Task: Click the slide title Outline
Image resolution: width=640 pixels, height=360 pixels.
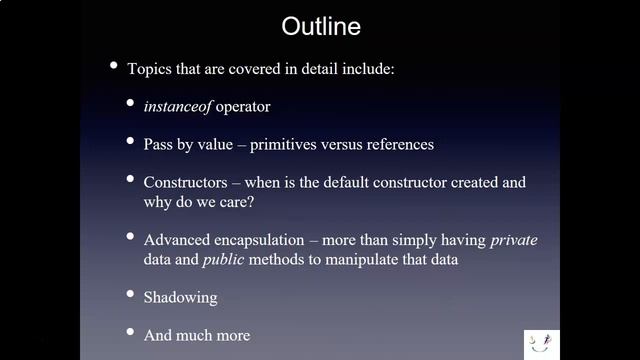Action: coord(321,24)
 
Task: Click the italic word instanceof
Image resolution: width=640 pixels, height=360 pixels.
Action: coord(178,105)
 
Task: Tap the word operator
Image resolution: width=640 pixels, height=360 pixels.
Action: coord(243,105)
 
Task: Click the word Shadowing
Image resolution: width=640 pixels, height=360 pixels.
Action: coord(180,297)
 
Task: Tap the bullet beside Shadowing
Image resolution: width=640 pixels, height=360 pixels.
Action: coord(132,294)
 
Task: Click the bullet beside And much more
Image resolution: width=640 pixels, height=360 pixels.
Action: coord(132,332)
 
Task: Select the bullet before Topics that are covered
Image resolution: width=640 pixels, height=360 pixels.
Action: coord(113,65)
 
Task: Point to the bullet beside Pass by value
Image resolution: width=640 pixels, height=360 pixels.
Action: coord(132,141)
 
